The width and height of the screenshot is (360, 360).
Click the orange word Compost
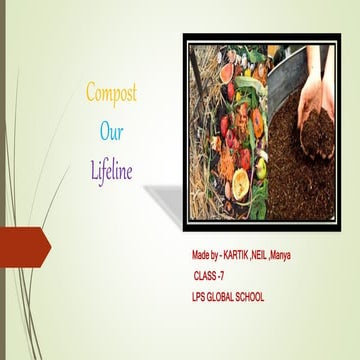(110, 94)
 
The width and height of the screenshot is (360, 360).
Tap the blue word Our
(110, 131)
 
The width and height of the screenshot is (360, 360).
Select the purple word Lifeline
(110, 170)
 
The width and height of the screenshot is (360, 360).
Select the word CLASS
(206, 275)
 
